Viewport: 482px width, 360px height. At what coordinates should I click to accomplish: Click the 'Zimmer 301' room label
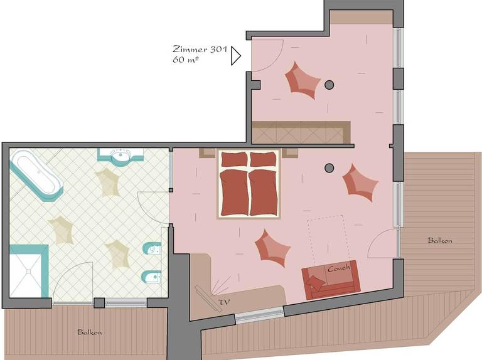pos(200,49)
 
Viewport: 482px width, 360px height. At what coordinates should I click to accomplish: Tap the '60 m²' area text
pos(185,60)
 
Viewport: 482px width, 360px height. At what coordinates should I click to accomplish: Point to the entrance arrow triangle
pos(236,56)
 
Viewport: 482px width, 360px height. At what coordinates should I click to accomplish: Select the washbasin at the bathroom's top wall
pos(120,156)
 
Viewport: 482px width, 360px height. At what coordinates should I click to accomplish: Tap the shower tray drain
pos(29,271)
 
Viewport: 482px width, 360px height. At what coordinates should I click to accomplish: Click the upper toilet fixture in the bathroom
pos(152,249)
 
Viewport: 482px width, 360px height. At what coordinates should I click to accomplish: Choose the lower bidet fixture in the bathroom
pos(151,278)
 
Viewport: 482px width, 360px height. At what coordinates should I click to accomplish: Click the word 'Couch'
pos(339,268)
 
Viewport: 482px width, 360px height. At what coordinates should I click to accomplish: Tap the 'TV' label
pos(224,302)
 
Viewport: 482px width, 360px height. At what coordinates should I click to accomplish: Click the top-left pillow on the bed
pos(234,159)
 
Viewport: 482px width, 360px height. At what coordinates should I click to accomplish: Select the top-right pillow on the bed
pos(263,159)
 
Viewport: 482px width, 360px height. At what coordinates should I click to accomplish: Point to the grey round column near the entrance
pos(329,85)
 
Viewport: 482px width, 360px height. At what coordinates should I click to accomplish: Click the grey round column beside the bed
pos(329,167)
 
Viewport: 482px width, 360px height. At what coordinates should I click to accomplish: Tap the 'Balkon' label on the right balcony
pos(440,240)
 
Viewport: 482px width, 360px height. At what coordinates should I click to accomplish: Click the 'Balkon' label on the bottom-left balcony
pos(90,332)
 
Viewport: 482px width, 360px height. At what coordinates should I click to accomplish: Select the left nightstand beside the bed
pos(208,153)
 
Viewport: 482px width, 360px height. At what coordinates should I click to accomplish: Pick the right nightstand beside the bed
pos(290,153)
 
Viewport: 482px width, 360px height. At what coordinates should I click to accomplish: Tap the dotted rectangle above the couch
pos(329,240)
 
